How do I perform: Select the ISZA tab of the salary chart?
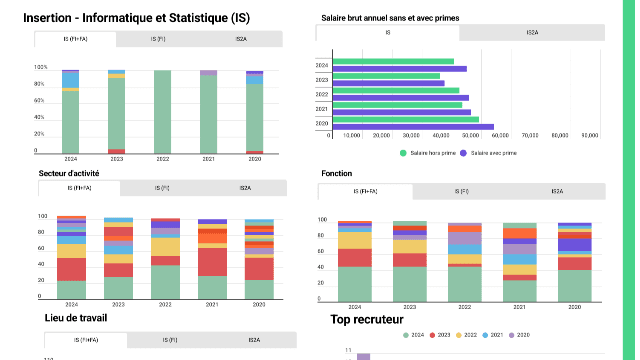click(532, 33)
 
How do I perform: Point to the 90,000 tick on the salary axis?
click(590, 134)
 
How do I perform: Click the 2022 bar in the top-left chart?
click(162, 111)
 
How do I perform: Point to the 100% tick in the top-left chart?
click(41, 67)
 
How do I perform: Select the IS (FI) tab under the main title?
click(159, 39)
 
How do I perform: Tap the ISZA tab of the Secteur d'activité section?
click(244, 188)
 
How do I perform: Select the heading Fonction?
click(336, 174)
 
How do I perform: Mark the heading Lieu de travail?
click(76, 318)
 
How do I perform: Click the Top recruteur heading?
click(366, 320)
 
